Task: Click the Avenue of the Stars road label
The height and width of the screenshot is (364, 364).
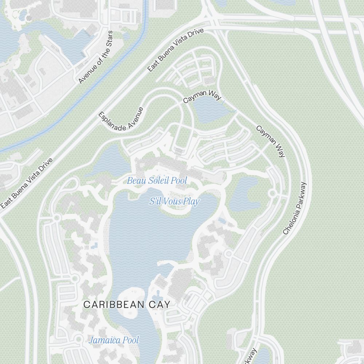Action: [96, 57]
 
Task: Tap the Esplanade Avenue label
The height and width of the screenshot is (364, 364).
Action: [121, 119]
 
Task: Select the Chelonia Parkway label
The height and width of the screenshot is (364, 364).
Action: [295, 208]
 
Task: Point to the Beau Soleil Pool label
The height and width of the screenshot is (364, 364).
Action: [157, 181]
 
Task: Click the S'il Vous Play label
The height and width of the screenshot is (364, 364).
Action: [174, 201]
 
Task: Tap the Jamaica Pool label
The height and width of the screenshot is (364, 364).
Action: [114, 340]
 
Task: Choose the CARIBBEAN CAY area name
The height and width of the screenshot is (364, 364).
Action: [127, 305]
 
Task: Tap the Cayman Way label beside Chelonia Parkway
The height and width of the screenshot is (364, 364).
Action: [270, 141]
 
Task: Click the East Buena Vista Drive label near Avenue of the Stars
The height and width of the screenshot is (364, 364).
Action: [175, 50]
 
